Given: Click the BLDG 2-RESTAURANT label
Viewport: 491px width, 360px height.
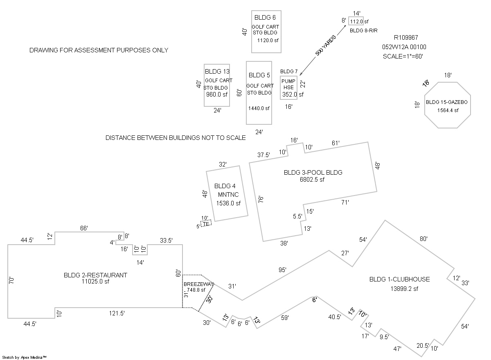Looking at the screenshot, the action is point(95,275).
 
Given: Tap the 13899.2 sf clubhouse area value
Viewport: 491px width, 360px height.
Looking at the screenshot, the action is point(404,289).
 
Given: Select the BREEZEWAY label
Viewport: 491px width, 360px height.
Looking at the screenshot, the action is point(198,284).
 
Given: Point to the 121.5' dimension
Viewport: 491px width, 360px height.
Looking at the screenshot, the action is point(117,313).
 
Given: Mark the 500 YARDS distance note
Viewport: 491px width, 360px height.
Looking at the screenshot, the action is point(326,45).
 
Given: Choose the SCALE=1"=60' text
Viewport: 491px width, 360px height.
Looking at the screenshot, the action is point(403,56).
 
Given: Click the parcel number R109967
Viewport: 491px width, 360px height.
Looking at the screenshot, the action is point(406,38).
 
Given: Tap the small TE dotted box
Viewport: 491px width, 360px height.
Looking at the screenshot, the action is point(206,223).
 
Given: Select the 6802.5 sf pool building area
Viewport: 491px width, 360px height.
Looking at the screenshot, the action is point(312,180).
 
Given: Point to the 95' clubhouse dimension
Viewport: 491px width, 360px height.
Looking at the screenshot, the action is point(282,270).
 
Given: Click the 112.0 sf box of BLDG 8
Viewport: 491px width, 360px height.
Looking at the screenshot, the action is point(356,21).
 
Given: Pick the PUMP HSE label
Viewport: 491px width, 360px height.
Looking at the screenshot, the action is point(288,84).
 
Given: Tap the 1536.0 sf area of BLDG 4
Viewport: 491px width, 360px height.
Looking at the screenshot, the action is point(228,203).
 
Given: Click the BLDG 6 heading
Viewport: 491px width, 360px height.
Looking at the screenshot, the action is point(265,18).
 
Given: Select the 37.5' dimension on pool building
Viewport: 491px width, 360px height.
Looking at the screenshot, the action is point(264,155).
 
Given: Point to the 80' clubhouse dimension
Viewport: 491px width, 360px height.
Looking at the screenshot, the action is point(423,239).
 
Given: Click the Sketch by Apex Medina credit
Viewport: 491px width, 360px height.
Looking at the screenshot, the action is point(24,358).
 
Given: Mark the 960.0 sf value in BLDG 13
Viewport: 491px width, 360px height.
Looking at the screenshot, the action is point(217,94).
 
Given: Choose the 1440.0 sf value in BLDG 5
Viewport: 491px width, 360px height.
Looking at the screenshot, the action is point(259,108).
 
